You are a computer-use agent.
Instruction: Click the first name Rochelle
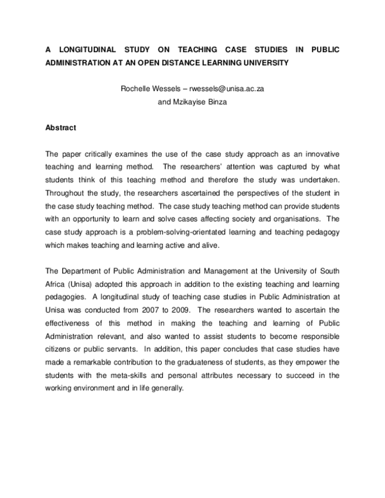(x=135, y=89)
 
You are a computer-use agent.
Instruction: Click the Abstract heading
(x=60, y=128)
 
